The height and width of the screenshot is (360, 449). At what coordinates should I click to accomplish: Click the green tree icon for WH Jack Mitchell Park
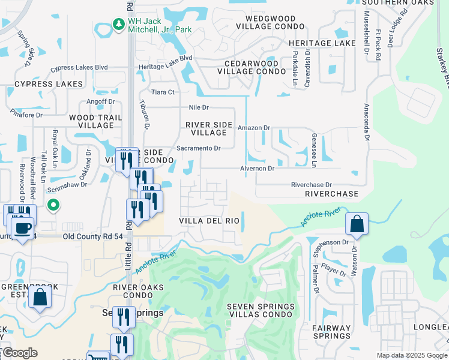click(118, 25)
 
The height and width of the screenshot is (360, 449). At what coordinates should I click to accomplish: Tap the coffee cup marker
click(23, 229)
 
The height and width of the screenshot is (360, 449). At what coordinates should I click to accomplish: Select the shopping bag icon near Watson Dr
click(357, 224)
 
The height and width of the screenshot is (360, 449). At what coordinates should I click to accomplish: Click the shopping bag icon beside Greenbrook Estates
click(40, 297)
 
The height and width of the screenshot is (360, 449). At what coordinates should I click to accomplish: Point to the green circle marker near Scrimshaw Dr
click(53, 206)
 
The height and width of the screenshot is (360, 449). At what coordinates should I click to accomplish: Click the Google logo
click(19, 353)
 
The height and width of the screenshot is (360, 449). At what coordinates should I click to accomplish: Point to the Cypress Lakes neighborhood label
click(40, 85)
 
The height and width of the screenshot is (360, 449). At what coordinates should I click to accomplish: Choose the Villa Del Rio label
click(209, 221)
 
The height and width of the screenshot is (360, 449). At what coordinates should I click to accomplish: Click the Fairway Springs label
click(331, 332)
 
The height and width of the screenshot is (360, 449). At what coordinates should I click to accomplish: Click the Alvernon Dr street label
click(257, 169)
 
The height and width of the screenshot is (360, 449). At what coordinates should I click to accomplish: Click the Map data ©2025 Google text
click(411, 355)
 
